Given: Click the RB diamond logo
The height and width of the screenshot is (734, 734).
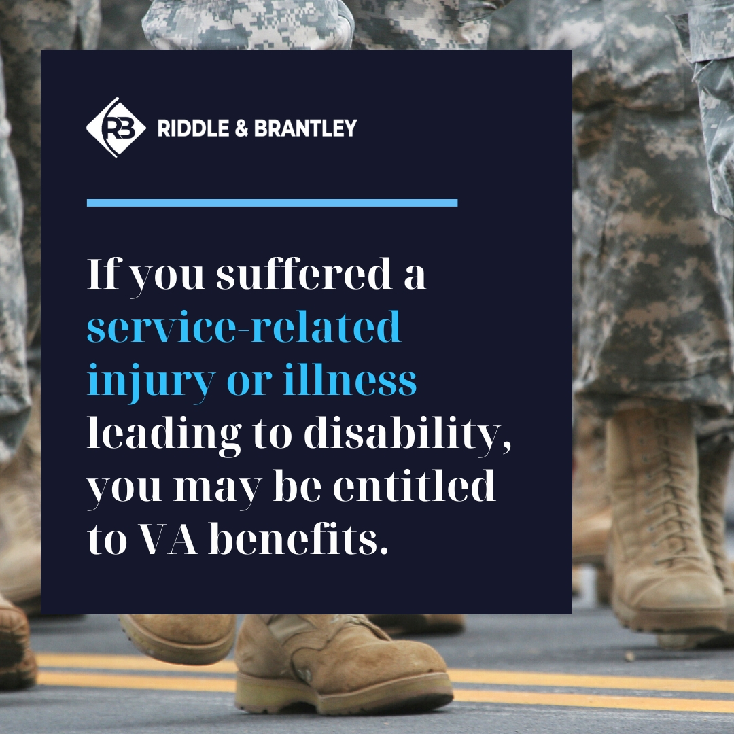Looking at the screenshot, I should (116, 127).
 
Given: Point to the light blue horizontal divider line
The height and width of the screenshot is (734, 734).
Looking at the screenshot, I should (272, 203).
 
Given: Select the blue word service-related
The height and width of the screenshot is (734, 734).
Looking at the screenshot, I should (244, 328).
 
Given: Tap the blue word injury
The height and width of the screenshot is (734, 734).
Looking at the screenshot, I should (150, 382).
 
